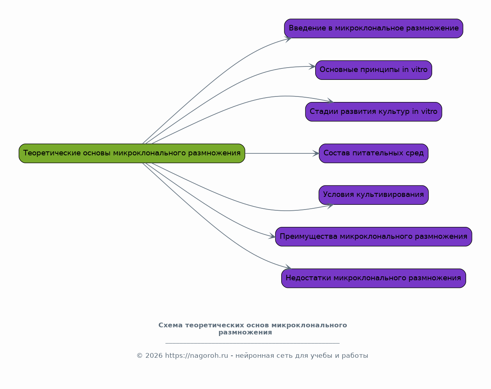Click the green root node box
click(x=132, y=153)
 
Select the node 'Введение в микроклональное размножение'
click(x=374, y=28)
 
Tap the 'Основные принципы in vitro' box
click(x=374, y=70)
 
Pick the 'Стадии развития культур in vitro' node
click(x=374, y=112)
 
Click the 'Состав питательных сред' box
click(x=374, y=153)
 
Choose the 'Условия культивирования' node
click(x=374, y=195)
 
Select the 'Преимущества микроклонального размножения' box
click(x=374, y=237)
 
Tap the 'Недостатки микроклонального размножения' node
click(x=374, y=278)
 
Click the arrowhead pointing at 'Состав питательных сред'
click(x=316, y=153)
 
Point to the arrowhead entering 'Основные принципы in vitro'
click(x=312, y=66)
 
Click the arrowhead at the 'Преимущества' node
click(x=272, y=236)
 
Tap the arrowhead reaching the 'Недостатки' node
click(x=288, y=266)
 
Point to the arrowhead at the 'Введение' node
click(x=288, y=39)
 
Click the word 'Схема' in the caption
click(x=170, y=325)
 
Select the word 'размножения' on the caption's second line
click(x=245, y=332)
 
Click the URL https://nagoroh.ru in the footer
click(x=196, y=356)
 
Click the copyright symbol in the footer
click(x=139, y=356)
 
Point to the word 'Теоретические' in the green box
click(x=52, y=153)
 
